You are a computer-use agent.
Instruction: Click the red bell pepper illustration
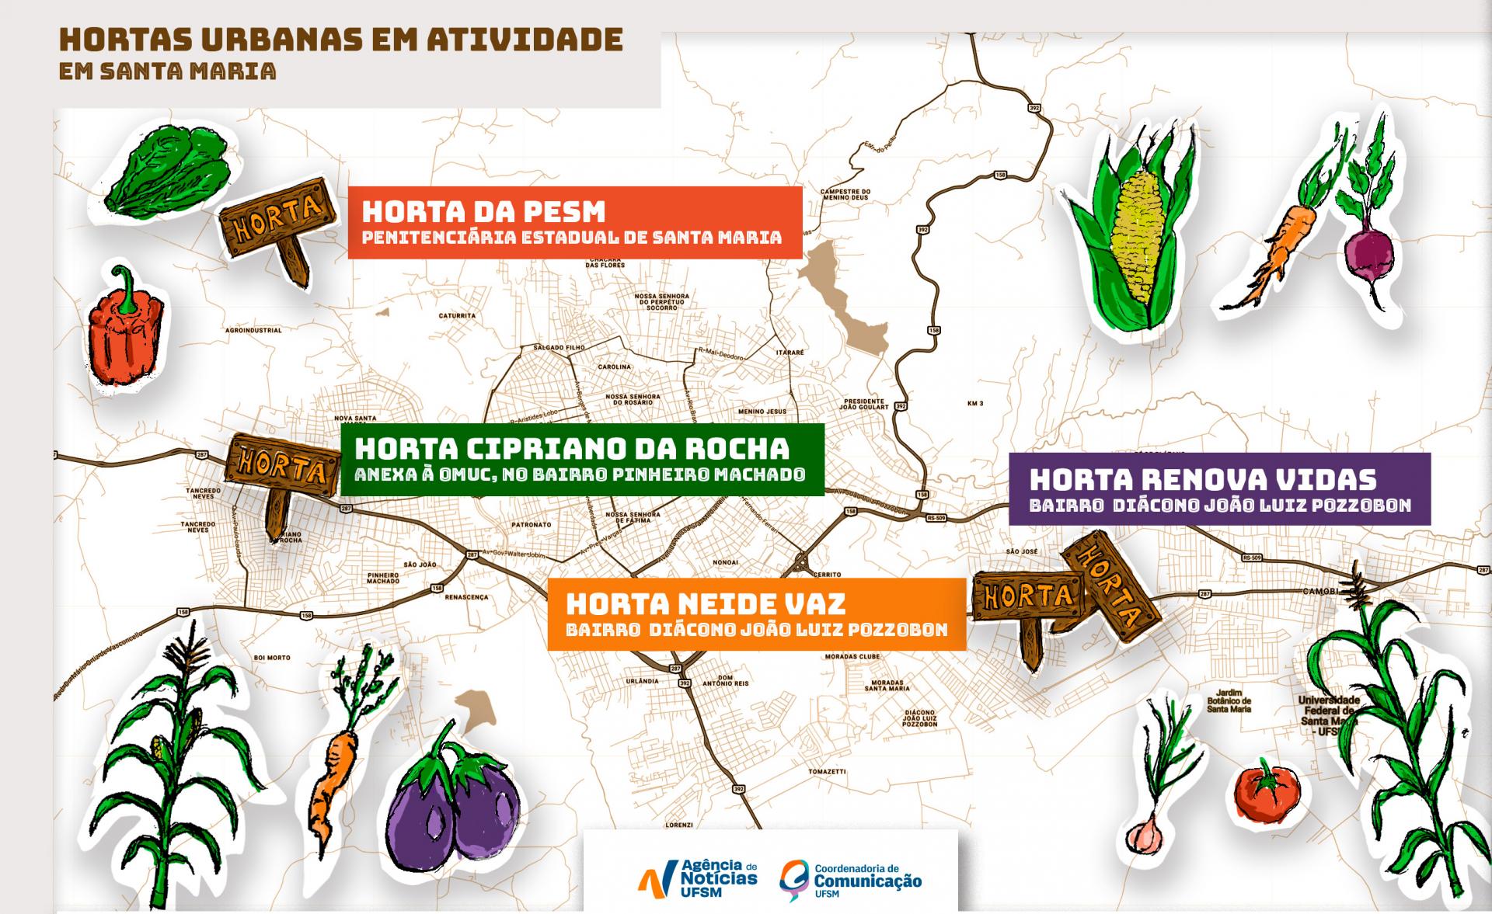(127, 330)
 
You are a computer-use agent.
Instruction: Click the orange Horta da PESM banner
(574, 222)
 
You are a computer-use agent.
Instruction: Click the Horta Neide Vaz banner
(756, 614)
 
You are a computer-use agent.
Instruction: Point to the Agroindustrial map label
(253, 330)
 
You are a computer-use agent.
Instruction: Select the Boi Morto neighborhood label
(272, 658)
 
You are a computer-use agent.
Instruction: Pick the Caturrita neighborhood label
(457, 316)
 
